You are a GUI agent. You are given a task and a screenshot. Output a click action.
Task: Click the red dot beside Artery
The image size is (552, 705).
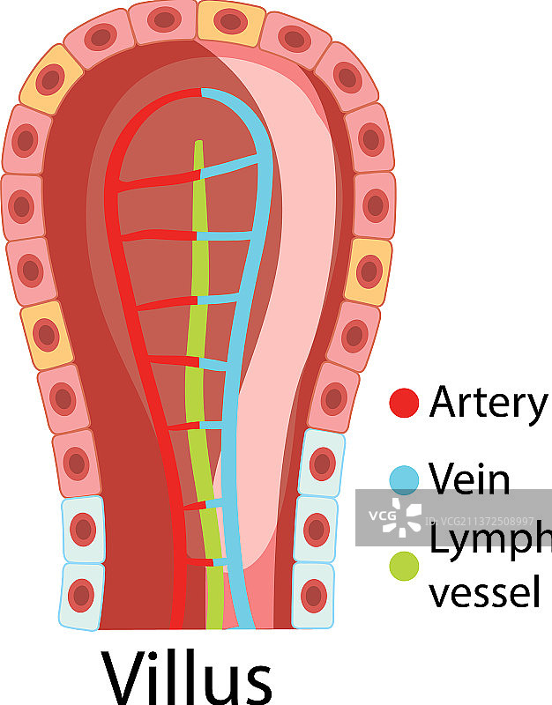pyautogui.click(x=404, y=403)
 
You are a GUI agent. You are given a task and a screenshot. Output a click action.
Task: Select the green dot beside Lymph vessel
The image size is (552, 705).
pyautogui.click(x=404, y=565)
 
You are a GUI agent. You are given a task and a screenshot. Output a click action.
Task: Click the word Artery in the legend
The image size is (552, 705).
pyautogui.click(x=488, y=403)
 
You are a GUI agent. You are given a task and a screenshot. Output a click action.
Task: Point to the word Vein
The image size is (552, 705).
pyautogui.click(x=470, y=479)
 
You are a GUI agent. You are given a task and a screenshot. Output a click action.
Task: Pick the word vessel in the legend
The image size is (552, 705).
pyautogui.click(x=484, y=591)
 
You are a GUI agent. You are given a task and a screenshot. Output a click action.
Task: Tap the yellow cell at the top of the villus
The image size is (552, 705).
pyautogui.click(x=229, y=21)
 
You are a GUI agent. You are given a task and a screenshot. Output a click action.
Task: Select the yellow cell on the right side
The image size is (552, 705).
pyautogui.click(x=369, y=271)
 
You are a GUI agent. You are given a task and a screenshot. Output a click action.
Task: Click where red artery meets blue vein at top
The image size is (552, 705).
pyautogui.click(x=202, y=92)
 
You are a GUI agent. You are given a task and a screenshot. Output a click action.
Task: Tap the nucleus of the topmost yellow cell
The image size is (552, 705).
pyautogui.click(x=229, y=19)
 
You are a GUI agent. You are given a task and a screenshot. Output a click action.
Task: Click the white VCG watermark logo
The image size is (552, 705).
pyautogui.click(x=403, y=516)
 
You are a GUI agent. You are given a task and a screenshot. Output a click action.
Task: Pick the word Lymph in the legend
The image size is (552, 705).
pyautogui.click(x=490, y=539)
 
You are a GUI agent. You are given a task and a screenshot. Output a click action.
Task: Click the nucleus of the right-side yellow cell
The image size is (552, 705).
pyautogui.click(x=369, y=271)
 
